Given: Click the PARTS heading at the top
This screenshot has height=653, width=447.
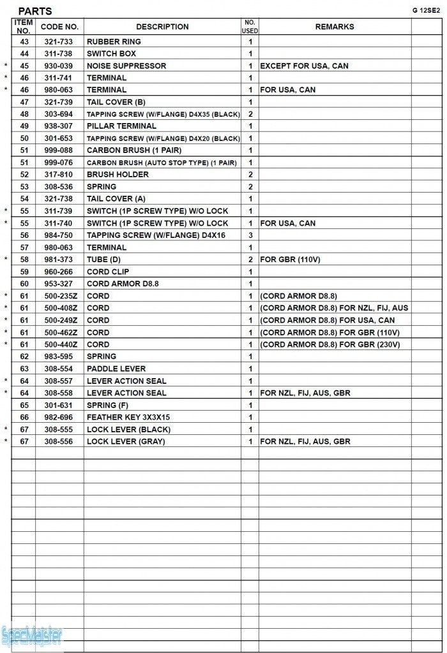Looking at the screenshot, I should click(35, 11).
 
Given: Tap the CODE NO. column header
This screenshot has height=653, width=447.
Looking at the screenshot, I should click(59, 27).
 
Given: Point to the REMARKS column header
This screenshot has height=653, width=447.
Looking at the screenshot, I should click(335, 27).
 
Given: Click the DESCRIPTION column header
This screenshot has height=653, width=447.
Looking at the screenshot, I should click(162, 27).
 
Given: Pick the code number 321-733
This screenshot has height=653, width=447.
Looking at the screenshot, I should click(58, 41).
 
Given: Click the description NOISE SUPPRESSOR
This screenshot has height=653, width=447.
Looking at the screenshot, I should click(126, 66).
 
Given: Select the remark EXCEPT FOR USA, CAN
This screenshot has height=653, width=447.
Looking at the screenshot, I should click(304, 66).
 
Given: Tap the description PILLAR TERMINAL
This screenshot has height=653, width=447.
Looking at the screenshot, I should click(121, 126).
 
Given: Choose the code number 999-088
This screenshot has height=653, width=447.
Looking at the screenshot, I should click(58, 150).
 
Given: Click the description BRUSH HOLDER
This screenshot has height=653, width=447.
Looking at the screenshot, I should click(117, 175).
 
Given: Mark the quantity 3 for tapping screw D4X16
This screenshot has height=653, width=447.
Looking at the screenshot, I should click(250, 235).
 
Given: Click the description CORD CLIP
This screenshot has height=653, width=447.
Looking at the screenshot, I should click(108, 272).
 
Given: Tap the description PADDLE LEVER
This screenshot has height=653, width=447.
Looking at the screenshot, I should click(116, 369).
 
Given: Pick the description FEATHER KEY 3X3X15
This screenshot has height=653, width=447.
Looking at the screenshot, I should click(128, 417).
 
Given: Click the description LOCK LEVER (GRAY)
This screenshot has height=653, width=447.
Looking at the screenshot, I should click(126, 441).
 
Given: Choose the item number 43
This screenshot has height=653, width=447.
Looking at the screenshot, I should click(24, 41).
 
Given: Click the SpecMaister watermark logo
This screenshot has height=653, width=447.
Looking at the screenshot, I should click(33, 636).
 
